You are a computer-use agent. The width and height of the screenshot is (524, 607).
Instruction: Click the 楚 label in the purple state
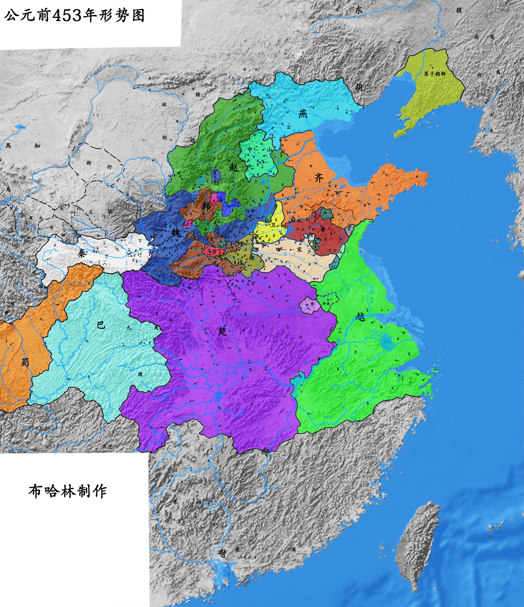click(223, 331)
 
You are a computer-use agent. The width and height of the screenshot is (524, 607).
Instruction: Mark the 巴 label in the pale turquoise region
click(101, 325)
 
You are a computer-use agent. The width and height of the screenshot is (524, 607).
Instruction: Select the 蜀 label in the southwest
click(25, 362)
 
